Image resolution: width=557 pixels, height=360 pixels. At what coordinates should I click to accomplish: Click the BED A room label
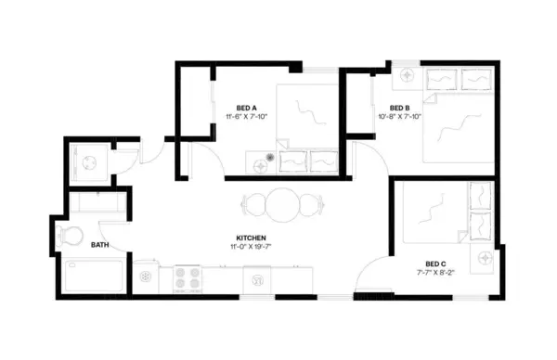pos(246,107)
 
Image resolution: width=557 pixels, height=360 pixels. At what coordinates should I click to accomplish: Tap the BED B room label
pos(401,107)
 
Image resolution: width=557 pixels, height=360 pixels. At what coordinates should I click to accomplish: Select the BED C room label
pos(435,264)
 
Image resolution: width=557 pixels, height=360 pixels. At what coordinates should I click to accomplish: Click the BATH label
pos(100,246)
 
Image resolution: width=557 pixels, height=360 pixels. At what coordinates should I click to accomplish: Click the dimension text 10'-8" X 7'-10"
pos(400,118)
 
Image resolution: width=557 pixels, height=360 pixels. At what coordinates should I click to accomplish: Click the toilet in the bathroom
pos(68,235)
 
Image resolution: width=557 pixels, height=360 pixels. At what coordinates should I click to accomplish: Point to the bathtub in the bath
pos(94,276)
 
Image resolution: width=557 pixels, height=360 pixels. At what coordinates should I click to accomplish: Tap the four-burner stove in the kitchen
pos(187,277)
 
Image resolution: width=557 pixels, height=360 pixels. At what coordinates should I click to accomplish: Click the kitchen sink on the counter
pos(255,276)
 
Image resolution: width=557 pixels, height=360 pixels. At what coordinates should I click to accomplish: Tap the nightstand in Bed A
pos(266,161)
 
